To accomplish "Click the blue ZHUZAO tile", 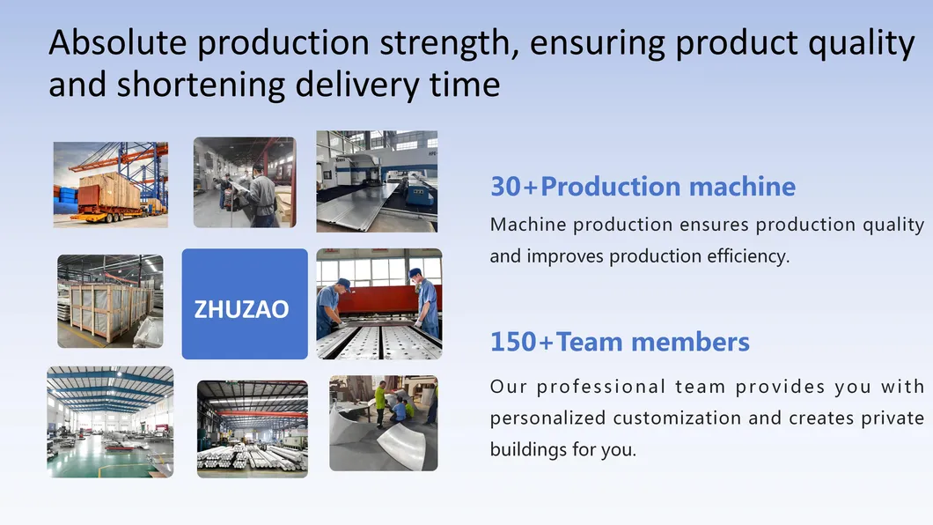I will (x=245, y=304).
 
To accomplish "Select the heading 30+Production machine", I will (x=643, y=187).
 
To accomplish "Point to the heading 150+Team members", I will (x=620, y=342).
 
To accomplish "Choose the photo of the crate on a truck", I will (x=110, y=185).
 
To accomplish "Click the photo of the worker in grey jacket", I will (x=245, y=182).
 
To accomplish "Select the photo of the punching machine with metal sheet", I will (x=377, y=181).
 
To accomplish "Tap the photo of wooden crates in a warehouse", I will (x=110, y=301).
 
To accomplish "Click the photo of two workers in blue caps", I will (x=379, y=304).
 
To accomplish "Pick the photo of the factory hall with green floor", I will (x=110, y=422).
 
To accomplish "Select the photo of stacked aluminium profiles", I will (x=252, y=429).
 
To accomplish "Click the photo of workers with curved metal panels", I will (x=383, y=424).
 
